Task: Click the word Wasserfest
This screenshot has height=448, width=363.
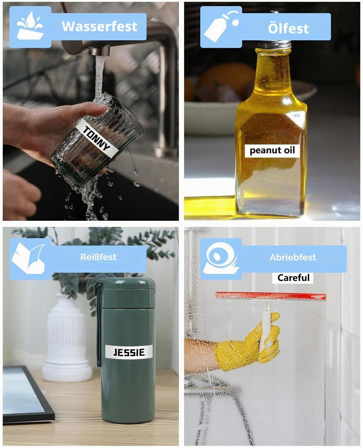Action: [x=99, y=27]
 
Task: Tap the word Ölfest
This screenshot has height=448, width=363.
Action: [x=288, y=28]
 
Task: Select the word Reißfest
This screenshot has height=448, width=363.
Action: [x=98, y=257]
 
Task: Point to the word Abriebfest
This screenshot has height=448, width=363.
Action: [x=293, y=257]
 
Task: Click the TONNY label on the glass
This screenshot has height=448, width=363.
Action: [x=97, y=138]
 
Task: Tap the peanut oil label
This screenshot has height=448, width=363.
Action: [x=272, y=151]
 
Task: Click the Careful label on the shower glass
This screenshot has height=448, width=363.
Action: [x=293, y=278]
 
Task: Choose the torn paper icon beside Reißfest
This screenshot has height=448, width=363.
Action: [x=28, y=258]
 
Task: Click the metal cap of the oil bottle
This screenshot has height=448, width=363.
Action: [x=275, y=45]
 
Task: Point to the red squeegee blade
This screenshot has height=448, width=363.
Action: [x=271, y=296]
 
